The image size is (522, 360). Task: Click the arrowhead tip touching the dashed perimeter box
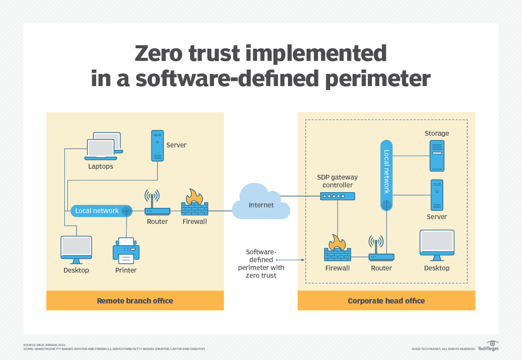[304, 260]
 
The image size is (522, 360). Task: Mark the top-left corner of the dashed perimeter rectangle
[305, 120]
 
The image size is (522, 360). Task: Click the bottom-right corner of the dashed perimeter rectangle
[467, 283]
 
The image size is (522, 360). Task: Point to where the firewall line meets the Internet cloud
[232, 211]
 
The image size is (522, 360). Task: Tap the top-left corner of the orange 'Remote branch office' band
[47, 290]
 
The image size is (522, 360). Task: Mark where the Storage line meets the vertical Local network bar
[393, 156]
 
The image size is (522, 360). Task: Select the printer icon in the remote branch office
[126, 250]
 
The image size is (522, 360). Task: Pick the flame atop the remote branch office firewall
[194, 197]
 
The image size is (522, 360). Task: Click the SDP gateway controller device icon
[338, 196]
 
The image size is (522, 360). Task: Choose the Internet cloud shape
[261, 201]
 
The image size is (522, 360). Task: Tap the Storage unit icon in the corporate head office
[437, 156]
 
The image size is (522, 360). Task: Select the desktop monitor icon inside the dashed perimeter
[437, 245]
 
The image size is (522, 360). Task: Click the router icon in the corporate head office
[381, 248]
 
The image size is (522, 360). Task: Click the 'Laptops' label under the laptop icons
[100, 167]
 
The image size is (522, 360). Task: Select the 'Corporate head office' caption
[386, 301]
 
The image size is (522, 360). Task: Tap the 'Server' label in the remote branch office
[176, 145]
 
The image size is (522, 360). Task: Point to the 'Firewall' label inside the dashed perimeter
[338, 268]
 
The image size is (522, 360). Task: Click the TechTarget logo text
[488, 349]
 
